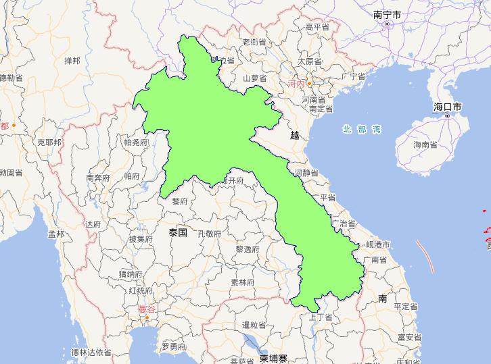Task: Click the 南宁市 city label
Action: click(x=387, y=14)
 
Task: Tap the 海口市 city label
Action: click(x=448, y=107)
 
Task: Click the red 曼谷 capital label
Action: click(x=146, y=310)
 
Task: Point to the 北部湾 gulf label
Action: click(x=362, y=129)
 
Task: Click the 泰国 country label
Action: click(x=178, y=232)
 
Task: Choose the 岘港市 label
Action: click(x=378, y=244)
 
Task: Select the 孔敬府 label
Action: click(x=209, y=234)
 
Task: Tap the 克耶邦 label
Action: click(x=49, y=142)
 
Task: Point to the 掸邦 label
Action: click(x=72, y=61)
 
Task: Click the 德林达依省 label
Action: click(x=91, y=352)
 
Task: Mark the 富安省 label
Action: click(x=410, y=337)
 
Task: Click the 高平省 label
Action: click(x=317, y=27)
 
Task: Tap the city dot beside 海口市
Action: click(x=448, y=116)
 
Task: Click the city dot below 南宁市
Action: click(x=387, y=24)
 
